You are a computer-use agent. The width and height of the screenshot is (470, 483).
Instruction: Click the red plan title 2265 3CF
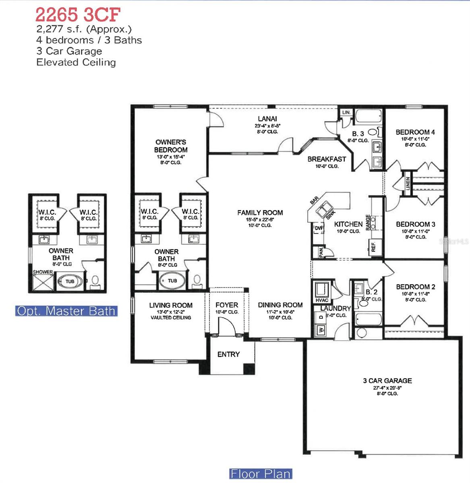click(78, 15)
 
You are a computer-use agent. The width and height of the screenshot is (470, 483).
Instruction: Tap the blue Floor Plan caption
click(260, 474)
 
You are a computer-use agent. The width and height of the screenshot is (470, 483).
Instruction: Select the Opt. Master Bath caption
click(66, 311)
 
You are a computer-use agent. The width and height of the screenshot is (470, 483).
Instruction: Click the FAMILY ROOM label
click(260, 213)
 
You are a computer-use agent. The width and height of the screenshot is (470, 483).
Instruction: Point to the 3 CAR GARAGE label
click(387, 380)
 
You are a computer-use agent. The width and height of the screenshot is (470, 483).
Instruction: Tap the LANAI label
click(267, 119)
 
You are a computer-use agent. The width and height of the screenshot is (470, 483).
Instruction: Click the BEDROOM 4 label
click(415, 132)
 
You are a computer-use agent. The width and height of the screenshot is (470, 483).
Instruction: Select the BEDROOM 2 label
click(415, 287)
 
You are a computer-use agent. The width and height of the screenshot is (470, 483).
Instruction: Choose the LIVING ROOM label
click(171, 305)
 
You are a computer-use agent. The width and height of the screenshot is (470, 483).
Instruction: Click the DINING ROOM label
click(280, 305)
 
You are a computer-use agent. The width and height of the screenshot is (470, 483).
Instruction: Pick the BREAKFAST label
click(327, 159)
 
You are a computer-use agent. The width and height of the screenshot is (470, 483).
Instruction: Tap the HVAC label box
click(322, 300)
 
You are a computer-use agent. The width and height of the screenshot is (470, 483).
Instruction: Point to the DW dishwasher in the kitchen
click(318, 228)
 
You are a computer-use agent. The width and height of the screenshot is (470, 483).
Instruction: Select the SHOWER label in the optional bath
click(43, 272)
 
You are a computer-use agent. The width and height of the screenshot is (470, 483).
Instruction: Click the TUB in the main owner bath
click(172, 281)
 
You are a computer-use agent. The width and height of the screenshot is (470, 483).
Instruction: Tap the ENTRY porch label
click(228, 354)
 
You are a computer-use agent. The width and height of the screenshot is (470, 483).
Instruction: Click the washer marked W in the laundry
click(321, 330)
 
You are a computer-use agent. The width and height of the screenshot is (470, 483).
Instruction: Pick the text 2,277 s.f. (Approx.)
click(84, 29)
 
